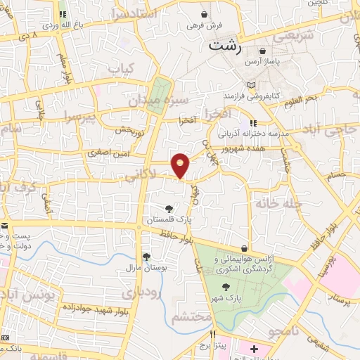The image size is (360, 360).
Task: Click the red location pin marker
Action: [181, 165]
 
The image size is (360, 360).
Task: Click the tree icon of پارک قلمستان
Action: [168, 208]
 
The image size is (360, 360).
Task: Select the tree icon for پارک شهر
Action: [225, 287]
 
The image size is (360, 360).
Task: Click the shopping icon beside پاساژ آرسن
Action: [263, 51]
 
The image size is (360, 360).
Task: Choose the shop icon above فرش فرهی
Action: [204, 14]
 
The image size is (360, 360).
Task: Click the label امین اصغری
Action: [105, 152]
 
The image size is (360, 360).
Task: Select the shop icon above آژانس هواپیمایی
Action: [244, 249]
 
